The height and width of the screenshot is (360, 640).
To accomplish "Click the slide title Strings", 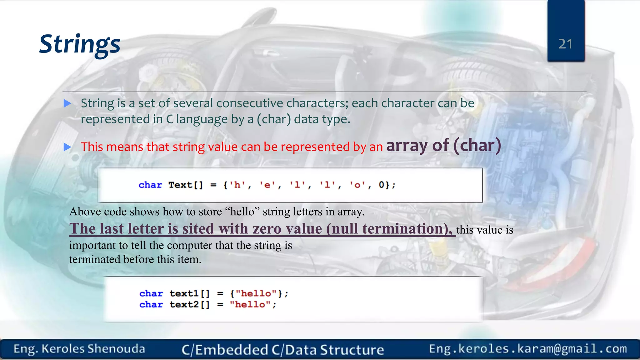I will coord(80,44).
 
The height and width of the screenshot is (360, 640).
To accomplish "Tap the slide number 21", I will coord(565,44).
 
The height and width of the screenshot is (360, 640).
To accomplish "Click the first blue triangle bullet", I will coord(67,103).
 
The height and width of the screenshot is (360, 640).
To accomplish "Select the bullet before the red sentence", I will coord(67,147).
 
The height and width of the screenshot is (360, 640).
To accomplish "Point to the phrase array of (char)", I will coord(443,146).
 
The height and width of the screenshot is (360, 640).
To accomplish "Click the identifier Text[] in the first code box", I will coord(186,185).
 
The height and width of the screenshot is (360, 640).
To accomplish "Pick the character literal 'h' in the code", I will coord(237,185).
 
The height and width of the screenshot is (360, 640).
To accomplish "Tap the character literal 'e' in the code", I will coord(267,185).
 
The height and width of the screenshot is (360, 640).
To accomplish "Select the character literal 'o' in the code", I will coord(357,185).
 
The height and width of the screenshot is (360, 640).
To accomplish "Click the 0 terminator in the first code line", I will coord(382,185).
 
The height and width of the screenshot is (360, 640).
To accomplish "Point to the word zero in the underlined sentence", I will coord(267,229).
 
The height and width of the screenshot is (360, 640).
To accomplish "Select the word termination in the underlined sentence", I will coord(403,229).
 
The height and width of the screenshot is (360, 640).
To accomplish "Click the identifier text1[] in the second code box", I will coord(189,294).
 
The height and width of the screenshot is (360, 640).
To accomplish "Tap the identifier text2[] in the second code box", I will coord(189,305).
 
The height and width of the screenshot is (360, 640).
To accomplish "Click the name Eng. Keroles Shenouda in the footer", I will coord(79,349).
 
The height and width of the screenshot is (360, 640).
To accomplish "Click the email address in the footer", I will coord(528,349).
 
